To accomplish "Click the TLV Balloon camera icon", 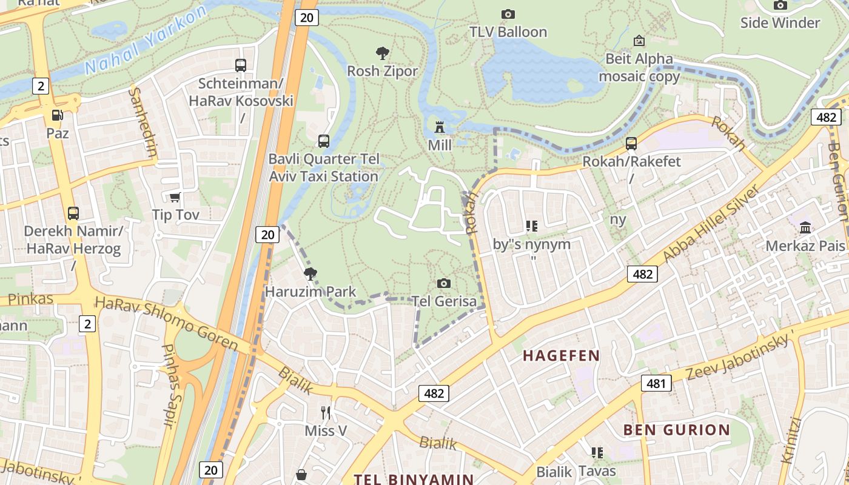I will [x=508, y=14].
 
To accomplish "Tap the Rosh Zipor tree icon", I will [x=382, y=53].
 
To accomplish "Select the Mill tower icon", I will [x=440, y=127].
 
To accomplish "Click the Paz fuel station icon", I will [x=57, y=115].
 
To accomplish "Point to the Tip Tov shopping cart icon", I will [x=175, y=196].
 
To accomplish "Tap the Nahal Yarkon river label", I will [x=146, y=42].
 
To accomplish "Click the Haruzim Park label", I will [x=310, y=292].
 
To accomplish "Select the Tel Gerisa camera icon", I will [x=444, y=283].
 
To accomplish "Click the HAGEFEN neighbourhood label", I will [x=562, y=356].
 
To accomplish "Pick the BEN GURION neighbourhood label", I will [x=677, y=430].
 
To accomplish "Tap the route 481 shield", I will [x=656, y=383].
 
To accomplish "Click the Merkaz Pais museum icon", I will [x=805, y=228].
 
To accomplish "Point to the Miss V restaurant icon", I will [x=326, y=413].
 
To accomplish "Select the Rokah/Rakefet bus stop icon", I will [x=631, y=144].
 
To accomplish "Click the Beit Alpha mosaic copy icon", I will [x=639, y=41].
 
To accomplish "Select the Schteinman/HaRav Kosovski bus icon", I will [x=241, y=65].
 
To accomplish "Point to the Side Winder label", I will [x=780, y=23].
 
